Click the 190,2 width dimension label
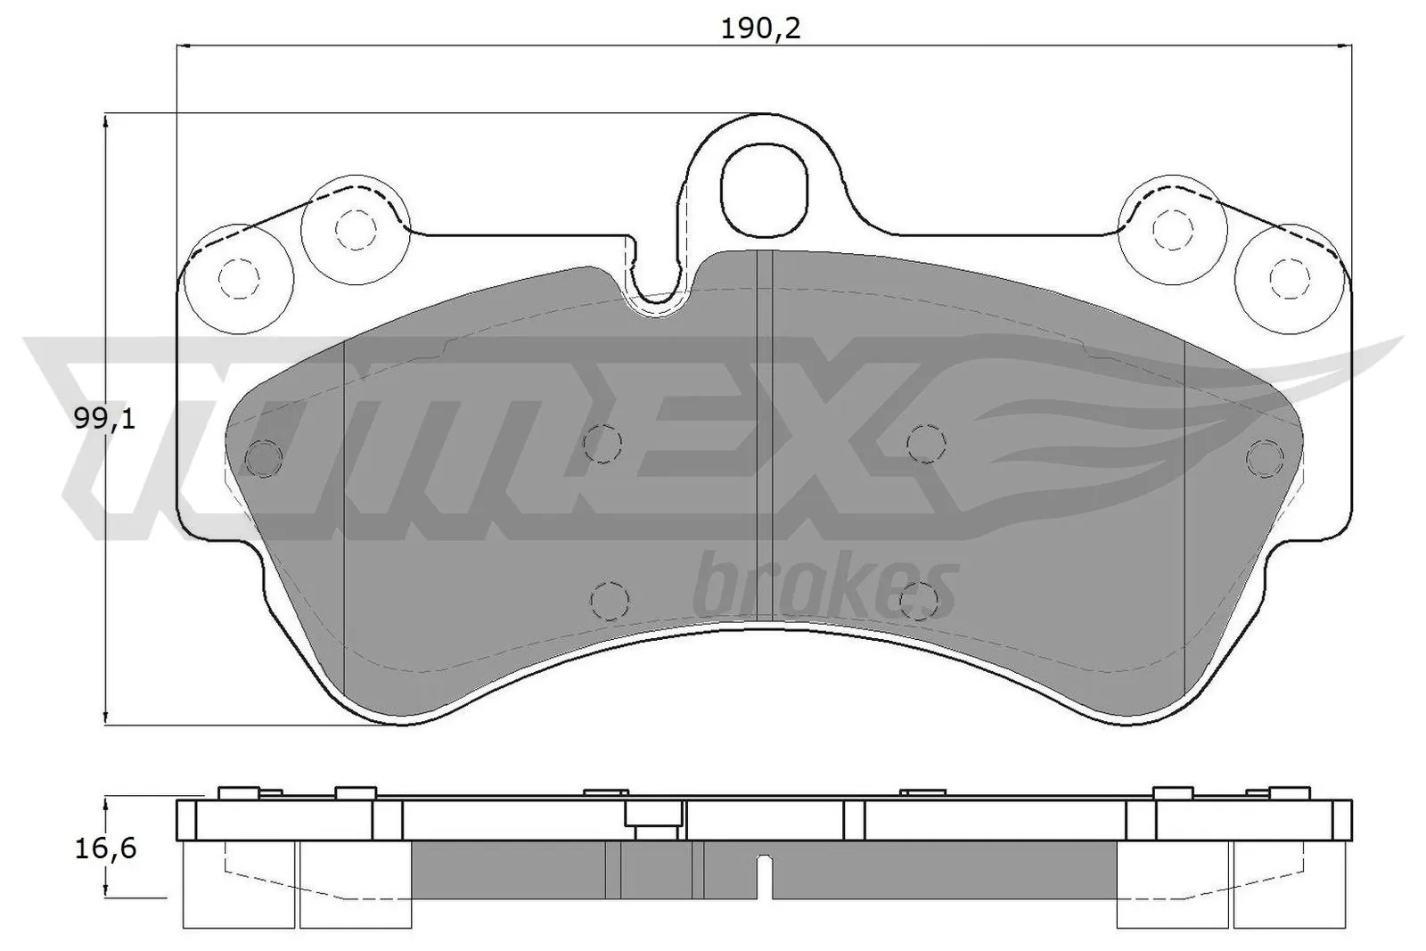[760, 29]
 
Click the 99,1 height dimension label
[105, 418]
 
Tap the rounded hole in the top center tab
[764, 188]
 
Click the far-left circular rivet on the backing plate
[236, 278]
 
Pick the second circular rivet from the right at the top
[1171, 229]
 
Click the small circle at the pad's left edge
[263, 458]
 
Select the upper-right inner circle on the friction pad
[925, 442]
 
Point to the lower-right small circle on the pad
[919, 599]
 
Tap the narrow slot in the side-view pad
[763, 879]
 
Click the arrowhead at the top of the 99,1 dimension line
[107, 121]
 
